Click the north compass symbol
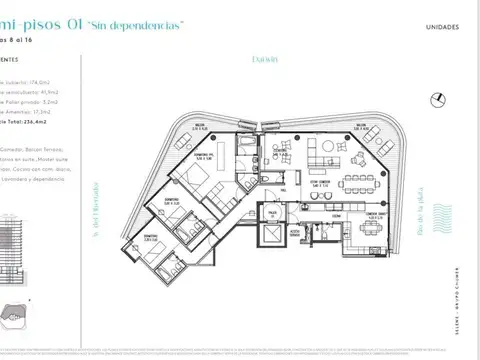pyautogui.click(x=436, y=96)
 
